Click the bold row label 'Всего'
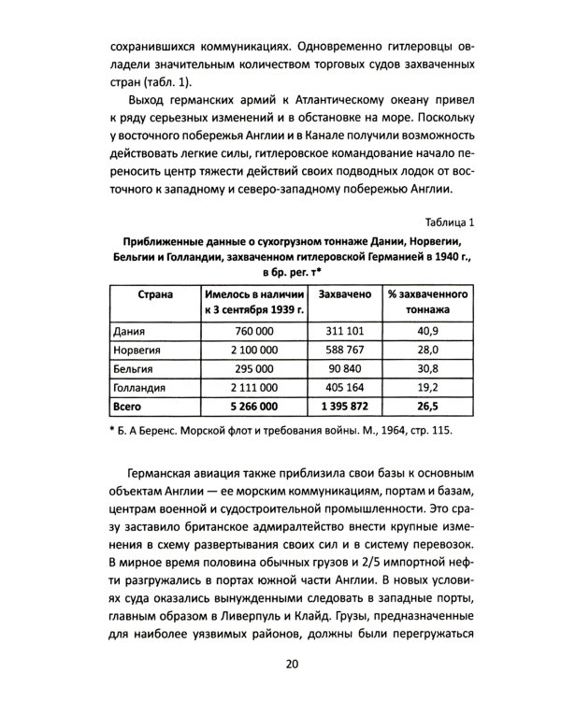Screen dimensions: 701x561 point(127,407)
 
